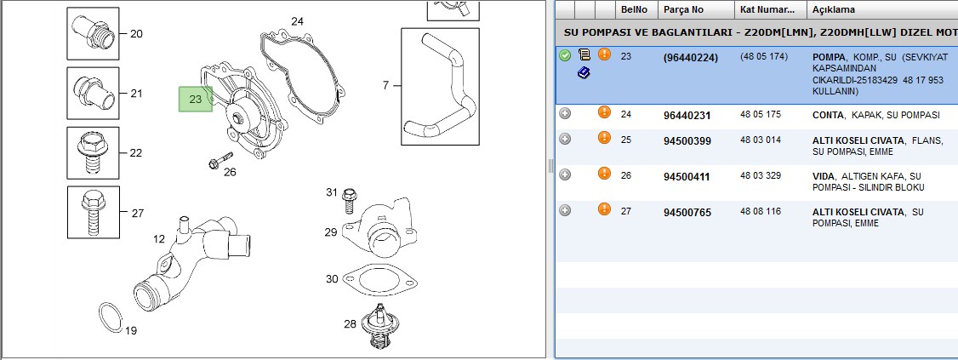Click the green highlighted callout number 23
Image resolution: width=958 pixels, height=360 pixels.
click(196, 99)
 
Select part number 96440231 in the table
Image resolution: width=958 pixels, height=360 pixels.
click(687, 115)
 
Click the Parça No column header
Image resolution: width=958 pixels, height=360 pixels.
click(684, 9)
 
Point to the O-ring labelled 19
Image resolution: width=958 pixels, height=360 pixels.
click(110, 317)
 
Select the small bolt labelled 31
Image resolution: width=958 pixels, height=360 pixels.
click(350, 199)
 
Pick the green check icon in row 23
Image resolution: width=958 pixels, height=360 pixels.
click(565, 55)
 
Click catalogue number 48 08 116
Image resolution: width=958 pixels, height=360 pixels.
click(760, 211)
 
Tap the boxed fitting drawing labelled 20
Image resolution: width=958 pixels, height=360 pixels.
click(93, 33)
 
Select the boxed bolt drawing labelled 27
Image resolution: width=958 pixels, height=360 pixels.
click(93, 212)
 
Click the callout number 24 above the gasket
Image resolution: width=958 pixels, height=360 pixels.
click(297, 21)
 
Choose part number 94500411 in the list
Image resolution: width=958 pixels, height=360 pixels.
click(687, 177)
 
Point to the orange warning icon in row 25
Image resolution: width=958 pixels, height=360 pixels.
click(604, 138)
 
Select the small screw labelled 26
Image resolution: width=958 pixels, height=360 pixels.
click(220, 160)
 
